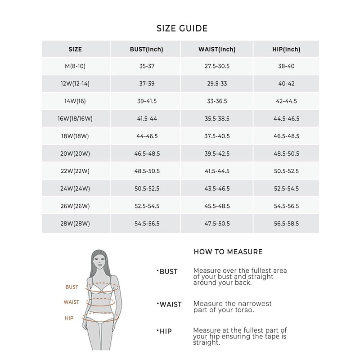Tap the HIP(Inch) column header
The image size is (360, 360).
(x=286, y=49)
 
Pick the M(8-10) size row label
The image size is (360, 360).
(x=76, y=66)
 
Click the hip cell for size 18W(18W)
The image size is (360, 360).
(x=286, y=136)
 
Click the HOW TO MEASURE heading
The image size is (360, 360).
(x=228, y=252)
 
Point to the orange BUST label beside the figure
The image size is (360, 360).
(x=72, y=287)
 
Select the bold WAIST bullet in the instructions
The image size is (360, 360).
(x=170, y=305)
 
